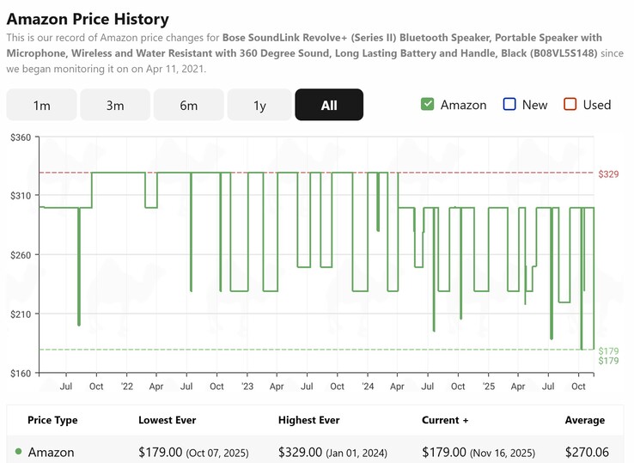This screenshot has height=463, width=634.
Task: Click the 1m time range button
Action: (41, 105)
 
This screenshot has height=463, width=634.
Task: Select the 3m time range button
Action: (115, 105)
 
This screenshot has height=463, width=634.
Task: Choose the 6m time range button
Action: (189, 105)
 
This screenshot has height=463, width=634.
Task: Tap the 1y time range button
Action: (259, 105)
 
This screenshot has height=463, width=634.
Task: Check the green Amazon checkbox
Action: (427, 105)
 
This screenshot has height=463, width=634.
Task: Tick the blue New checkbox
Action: (509, 105)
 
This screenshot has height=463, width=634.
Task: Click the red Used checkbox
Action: (570, 105)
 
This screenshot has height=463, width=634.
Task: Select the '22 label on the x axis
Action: (126, 387)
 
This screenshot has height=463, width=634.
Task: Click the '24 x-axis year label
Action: (367, 387)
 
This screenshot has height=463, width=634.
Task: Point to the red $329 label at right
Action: (608, 174)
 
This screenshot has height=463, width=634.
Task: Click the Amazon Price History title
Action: (88, 19)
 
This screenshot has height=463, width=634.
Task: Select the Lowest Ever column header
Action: (168, 420)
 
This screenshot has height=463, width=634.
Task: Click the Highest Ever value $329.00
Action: (300, 452)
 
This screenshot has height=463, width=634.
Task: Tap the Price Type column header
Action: (52, 420)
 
